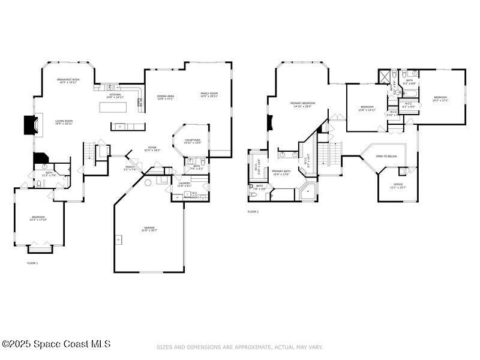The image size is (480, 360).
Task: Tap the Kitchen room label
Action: (114, 95)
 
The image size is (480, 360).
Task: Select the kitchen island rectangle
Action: (115, 107)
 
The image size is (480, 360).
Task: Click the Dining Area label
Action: (166, 97)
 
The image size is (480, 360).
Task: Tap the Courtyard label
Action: (193, 141)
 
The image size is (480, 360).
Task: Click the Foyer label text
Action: (153, 149)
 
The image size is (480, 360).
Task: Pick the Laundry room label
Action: (184, 184)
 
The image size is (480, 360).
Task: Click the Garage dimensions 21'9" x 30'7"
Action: (149, 232)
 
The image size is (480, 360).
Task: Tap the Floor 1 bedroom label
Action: (38, 217)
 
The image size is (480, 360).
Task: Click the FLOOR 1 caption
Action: (32, 263)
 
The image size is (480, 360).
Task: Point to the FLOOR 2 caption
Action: (253, 212)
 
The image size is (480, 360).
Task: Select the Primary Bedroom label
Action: (303, 103)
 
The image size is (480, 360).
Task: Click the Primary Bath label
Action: (281, 172)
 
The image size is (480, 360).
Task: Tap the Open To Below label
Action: (386, 156)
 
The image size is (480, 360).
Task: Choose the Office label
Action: (398, 184)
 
